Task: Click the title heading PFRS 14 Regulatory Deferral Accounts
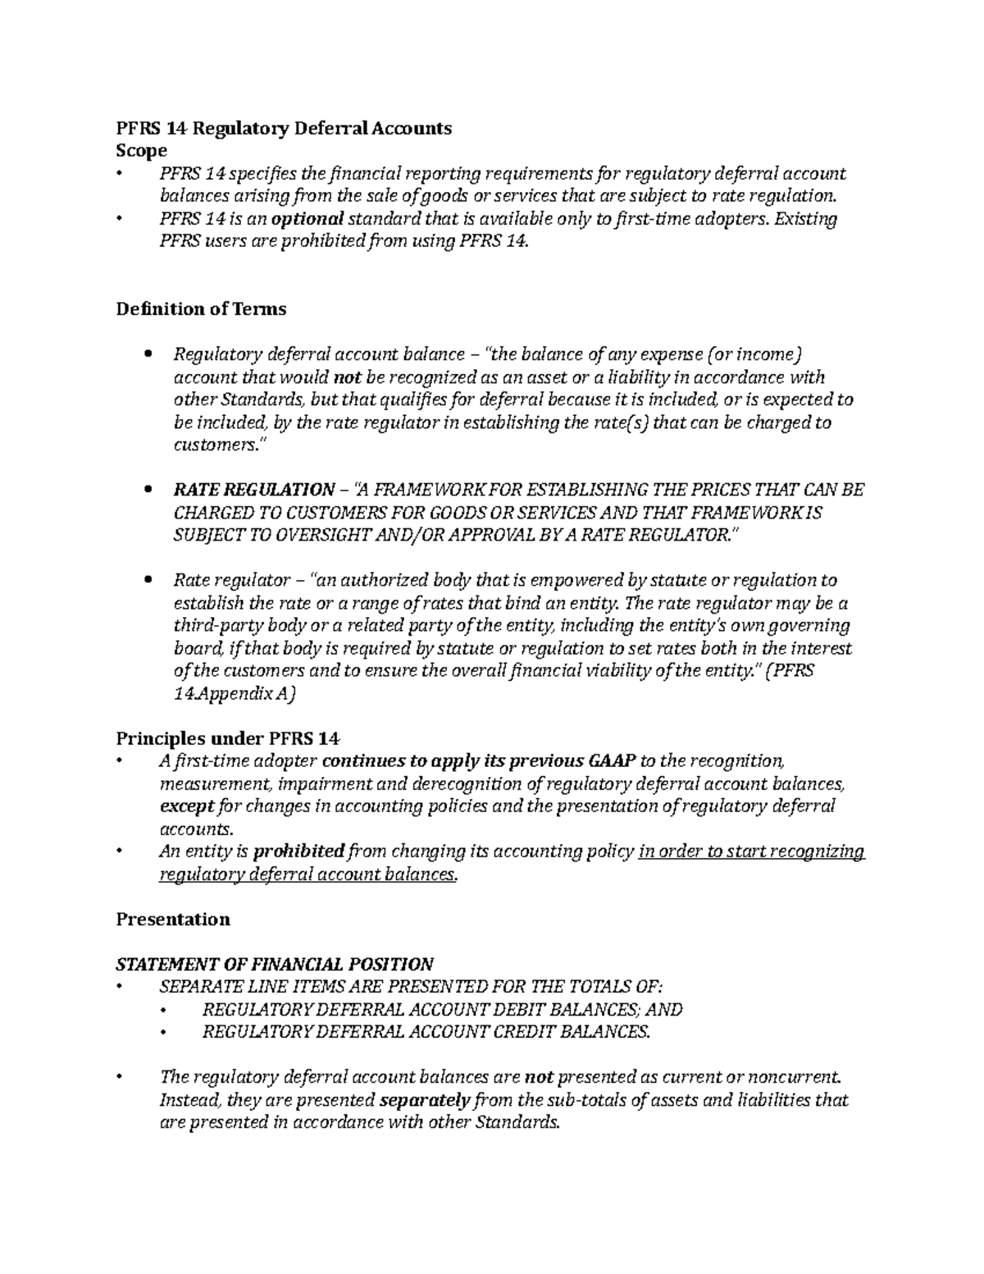click(284, 128)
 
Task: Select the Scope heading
click(142, 151)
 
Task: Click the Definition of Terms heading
click(201, 309)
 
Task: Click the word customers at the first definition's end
click(214, 445)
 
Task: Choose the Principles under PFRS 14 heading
click(228, 737)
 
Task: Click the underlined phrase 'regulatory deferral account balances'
click(306, 874)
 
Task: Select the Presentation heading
click(173, 919)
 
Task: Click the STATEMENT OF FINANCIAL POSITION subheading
click(275, 964)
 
